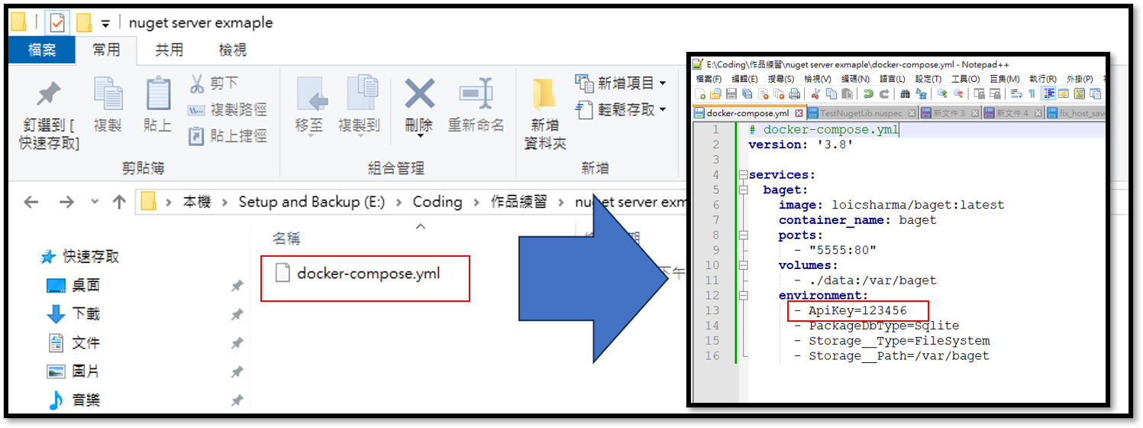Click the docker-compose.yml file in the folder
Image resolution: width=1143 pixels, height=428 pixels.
[368, 274]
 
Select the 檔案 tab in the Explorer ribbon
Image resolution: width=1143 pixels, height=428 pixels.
[42, 50]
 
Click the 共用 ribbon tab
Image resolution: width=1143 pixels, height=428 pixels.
[169, 50]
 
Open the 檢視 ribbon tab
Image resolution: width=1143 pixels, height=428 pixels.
[232, 50]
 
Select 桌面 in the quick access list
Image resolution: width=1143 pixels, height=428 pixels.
[86, 285]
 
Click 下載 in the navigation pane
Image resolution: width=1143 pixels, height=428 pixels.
[86, 314]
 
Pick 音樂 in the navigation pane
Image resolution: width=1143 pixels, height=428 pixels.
[86, 400]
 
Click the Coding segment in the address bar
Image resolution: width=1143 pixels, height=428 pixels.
[437, 202]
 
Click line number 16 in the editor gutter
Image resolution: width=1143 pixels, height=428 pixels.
[712, 356]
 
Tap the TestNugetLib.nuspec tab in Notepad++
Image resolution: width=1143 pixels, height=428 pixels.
[860, 113]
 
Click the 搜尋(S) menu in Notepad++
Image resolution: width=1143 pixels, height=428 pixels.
[780, 79]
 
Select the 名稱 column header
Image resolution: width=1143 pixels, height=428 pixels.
[286, 238]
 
